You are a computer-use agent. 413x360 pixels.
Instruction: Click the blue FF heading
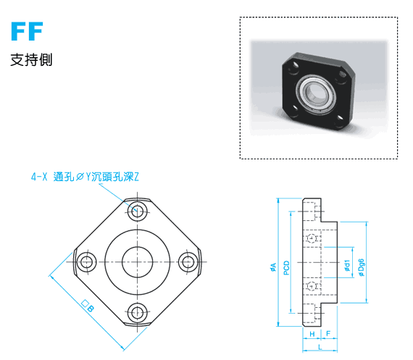pos(27,31)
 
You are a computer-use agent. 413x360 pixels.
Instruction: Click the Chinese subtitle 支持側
pos(31,60)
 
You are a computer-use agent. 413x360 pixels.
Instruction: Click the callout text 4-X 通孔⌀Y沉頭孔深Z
pos(85,177)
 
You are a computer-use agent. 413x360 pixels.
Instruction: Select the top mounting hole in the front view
pos(137,211)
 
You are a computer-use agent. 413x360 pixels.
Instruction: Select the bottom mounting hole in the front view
pos(137,314)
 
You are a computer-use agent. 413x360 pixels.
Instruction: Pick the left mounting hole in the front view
pos(86,262)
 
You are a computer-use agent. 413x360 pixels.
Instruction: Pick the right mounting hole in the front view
pos(188,262)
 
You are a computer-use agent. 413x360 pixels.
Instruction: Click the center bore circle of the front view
pos(137,262)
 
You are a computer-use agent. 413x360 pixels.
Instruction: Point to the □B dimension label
pos(88,306)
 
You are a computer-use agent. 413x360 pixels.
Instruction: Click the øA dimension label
pos(273,267)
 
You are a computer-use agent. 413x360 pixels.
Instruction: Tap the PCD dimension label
pos(287,268)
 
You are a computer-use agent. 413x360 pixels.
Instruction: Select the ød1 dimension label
pos(347,265)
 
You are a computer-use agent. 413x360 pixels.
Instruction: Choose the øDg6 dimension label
pos(361,267)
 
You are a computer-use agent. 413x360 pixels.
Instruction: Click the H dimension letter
pos(312,334)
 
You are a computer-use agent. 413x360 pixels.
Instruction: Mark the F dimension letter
pos(328,333)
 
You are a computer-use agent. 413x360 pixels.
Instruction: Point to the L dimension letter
pos(320,347)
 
